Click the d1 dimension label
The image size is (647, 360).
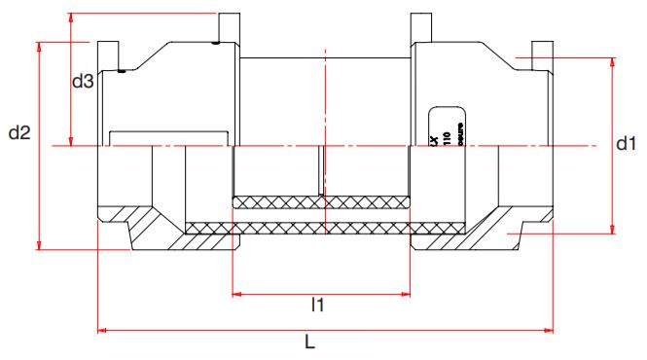point(626,144)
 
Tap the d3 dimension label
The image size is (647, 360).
point(83,83)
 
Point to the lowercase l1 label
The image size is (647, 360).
point(317,306)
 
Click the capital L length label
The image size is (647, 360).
point(309,342)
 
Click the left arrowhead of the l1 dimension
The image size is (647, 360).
point(236,292)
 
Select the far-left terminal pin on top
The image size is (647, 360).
point(106,50)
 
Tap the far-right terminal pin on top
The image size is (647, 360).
point(541,50)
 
